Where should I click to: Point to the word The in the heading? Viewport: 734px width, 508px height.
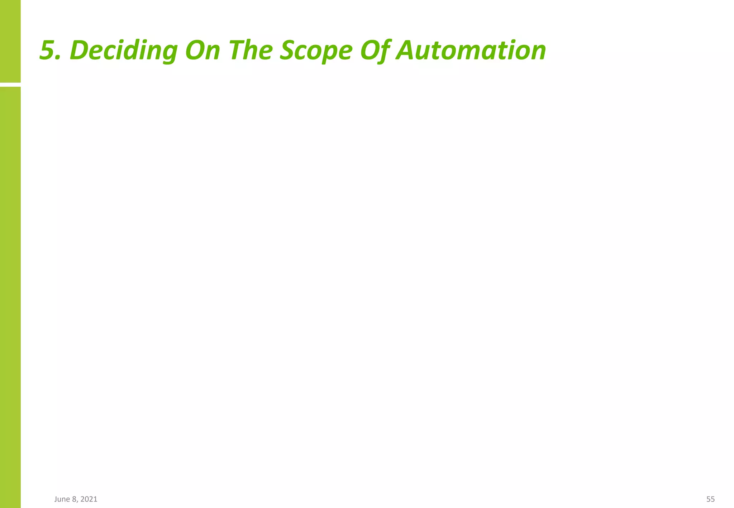(249, 50)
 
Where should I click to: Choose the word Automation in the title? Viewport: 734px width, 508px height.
(471, 50)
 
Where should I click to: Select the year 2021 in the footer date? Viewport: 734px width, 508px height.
(89, 499)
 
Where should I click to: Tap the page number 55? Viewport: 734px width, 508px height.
(710, 499)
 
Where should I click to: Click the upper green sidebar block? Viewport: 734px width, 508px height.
(10, 41)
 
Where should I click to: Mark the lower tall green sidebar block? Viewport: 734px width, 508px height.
(10, 297)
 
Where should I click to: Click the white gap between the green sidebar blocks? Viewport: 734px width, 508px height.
(10, 85)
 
